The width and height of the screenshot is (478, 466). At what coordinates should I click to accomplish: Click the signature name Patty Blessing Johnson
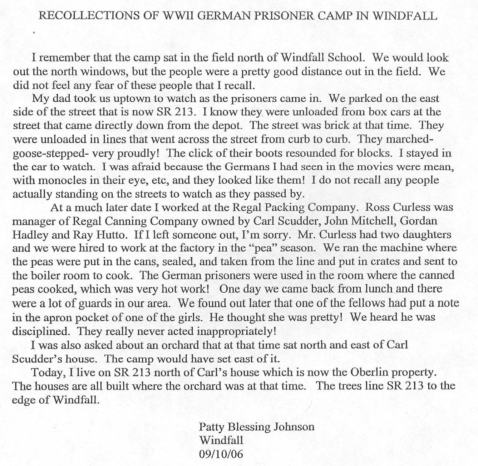click(x=256, y=427)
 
